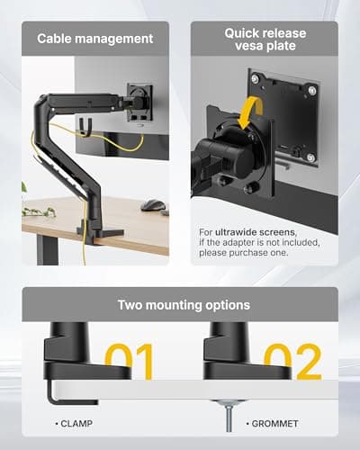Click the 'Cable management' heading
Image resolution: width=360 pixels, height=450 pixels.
[94, 39]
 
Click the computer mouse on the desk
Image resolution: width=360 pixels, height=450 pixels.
[153, 204]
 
